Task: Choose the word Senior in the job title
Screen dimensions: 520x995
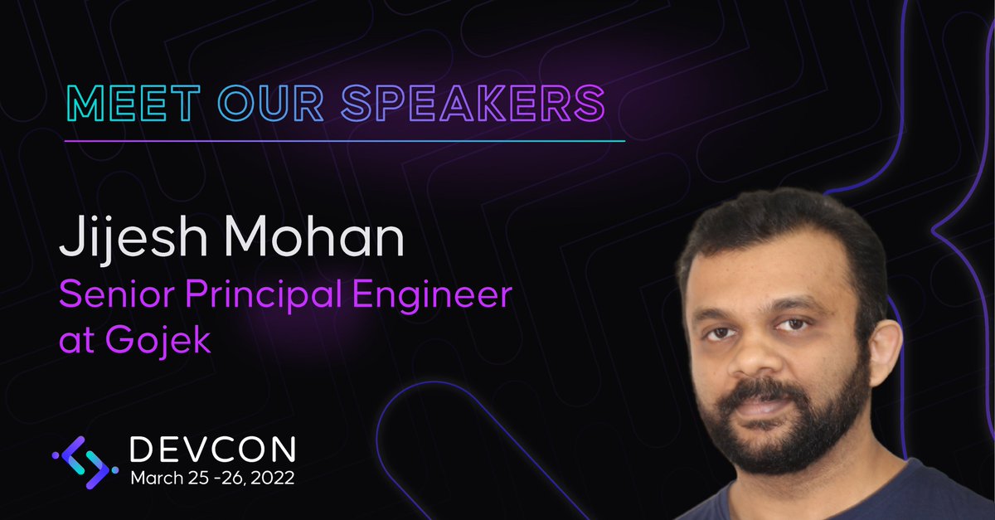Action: [113, 296]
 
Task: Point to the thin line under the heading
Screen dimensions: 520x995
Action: [344, 141]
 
